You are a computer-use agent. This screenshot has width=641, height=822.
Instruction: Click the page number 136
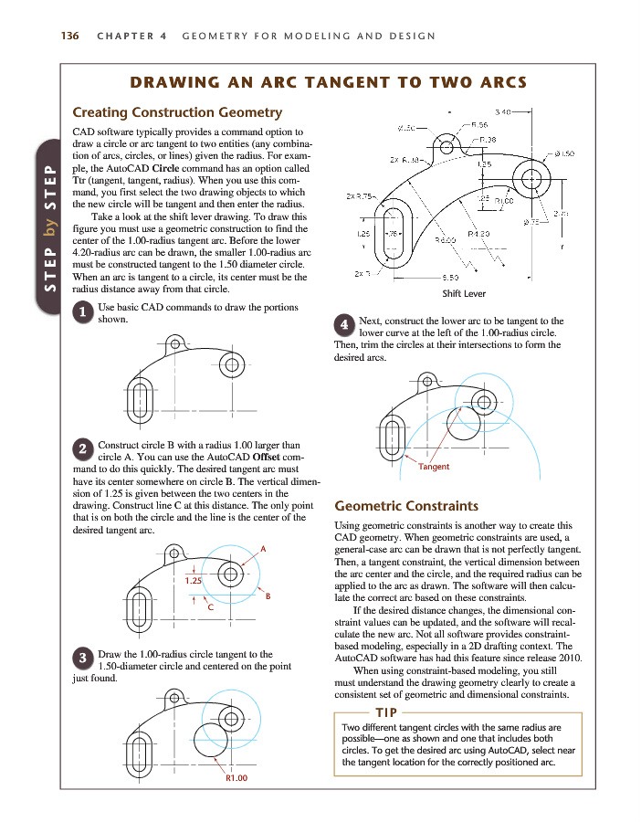pyautogui.click(x=68, y=37)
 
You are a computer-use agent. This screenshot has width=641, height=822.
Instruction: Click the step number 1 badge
pyautogui.click(x=82, y=311)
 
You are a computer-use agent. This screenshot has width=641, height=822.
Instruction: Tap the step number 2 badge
pyautogui.click(x=82, y=448)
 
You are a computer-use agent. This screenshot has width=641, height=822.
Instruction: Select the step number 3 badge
pyautogui.click(x=82, y=658)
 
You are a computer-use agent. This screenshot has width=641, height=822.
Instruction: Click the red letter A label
pyautogui.click(x=263, y=548)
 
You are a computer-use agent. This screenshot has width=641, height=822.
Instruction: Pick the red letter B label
pyautogui.click(x=268, y=596)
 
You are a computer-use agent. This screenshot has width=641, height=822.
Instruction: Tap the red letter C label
pyautogui.click(x=210, y=606)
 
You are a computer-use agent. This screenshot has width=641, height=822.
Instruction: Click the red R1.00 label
pyautogui.click(x=237, y=778)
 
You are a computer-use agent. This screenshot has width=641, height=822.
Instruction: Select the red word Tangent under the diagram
pyautogui.click(x=434, y=467)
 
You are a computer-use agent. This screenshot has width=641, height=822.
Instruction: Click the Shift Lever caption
pyautogui.click(x=464, y=293)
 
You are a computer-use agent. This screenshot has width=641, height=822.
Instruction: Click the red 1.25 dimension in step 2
pyautogui.click(x=193, y=580)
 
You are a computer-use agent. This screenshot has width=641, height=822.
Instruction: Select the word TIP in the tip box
pyautogui.click(x=384, y=711)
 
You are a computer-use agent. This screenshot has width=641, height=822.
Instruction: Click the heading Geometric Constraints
pyautogui.click(x=407, y=505)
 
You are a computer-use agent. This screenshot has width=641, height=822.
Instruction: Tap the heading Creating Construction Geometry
pyautogui.click(x=177, y=112)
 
